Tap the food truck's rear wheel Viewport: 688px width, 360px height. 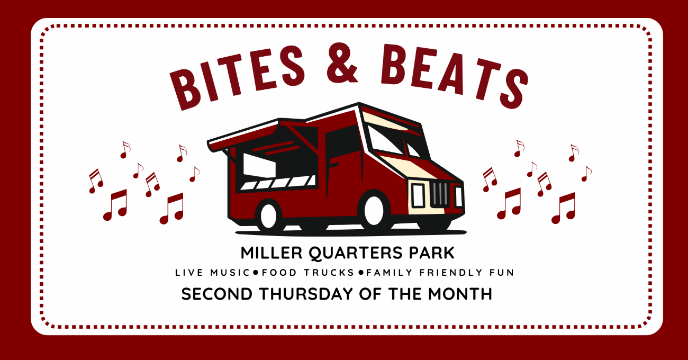[x=269, y=215]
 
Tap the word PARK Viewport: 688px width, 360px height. [x=431, y=253]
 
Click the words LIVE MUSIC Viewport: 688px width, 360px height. [x=212, y=273]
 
